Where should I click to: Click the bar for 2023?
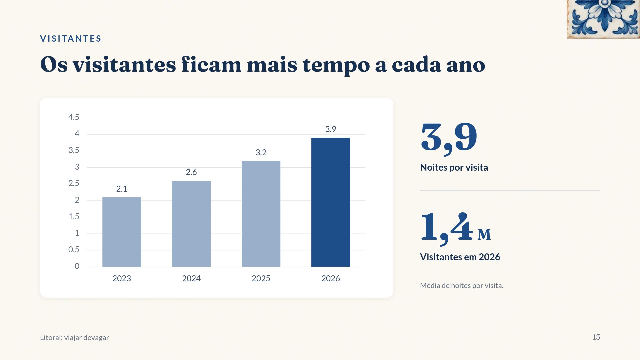click(122, 232)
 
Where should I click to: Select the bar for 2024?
click(191, 224)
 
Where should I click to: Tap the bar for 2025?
click(261, 214)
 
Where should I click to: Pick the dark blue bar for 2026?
click(331, 202)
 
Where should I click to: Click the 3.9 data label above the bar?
click(331, 129)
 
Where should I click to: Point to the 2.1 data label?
click(122, 189)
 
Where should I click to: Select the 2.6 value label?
click(191, 172)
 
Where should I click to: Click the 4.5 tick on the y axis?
click(74, 117)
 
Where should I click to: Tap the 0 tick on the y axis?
click(77, 266)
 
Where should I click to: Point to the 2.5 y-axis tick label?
click(74, 183)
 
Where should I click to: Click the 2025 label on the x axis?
click(261, 278)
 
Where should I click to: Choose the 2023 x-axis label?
click(122, 278)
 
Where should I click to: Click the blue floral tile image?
click(603, 19)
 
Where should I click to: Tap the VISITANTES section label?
click(71, 39)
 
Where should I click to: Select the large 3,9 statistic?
click(449, 138)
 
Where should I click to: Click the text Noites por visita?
click(454, 167)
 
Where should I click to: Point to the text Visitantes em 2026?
click(460, 257)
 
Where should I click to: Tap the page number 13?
click(596, 337)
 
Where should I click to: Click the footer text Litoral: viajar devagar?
click(74, 337)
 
